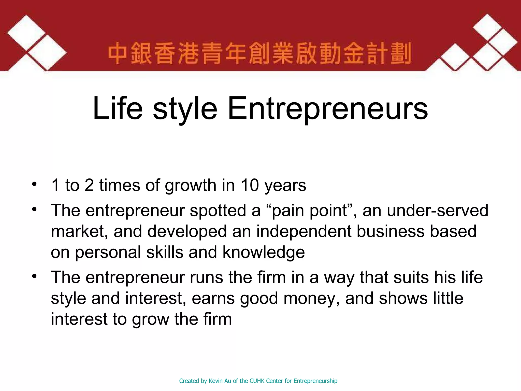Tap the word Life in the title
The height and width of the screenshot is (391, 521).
tap(118, 108)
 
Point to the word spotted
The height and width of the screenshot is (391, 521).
tap(218, 211)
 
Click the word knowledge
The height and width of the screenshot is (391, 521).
tap(264, 253)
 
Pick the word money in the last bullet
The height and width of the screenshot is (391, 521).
tap(311, 299)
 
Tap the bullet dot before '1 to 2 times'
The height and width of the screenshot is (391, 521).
tap(34, 184)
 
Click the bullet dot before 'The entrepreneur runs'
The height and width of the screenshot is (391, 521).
tap(34, 276)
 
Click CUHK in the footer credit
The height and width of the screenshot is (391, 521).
tap(257, 381)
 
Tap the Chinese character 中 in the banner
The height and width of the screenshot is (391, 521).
tap(118, 54)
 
